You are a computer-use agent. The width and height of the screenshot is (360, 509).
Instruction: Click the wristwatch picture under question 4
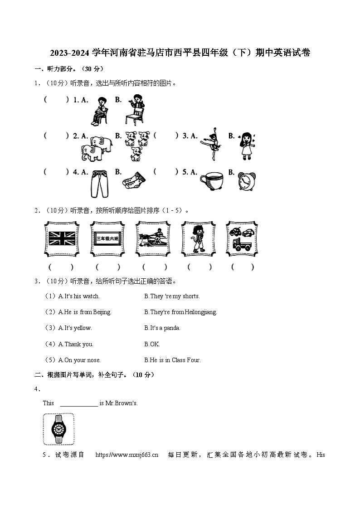(58, 429)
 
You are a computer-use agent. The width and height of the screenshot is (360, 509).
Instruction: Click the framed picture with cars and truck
(242, 238)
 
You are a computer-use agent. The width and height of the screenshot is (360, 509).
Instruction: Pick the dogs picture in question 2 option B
(136, 145)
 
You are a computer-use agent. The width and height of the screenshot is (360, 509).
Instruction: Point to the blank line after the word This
(79, 403)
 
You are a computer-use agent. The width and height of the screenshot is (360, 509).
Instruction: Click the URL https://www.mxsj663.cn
(127, 455)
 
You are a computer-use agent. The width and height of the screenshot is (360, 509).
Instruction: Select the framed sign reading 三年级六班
(107, 239)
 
